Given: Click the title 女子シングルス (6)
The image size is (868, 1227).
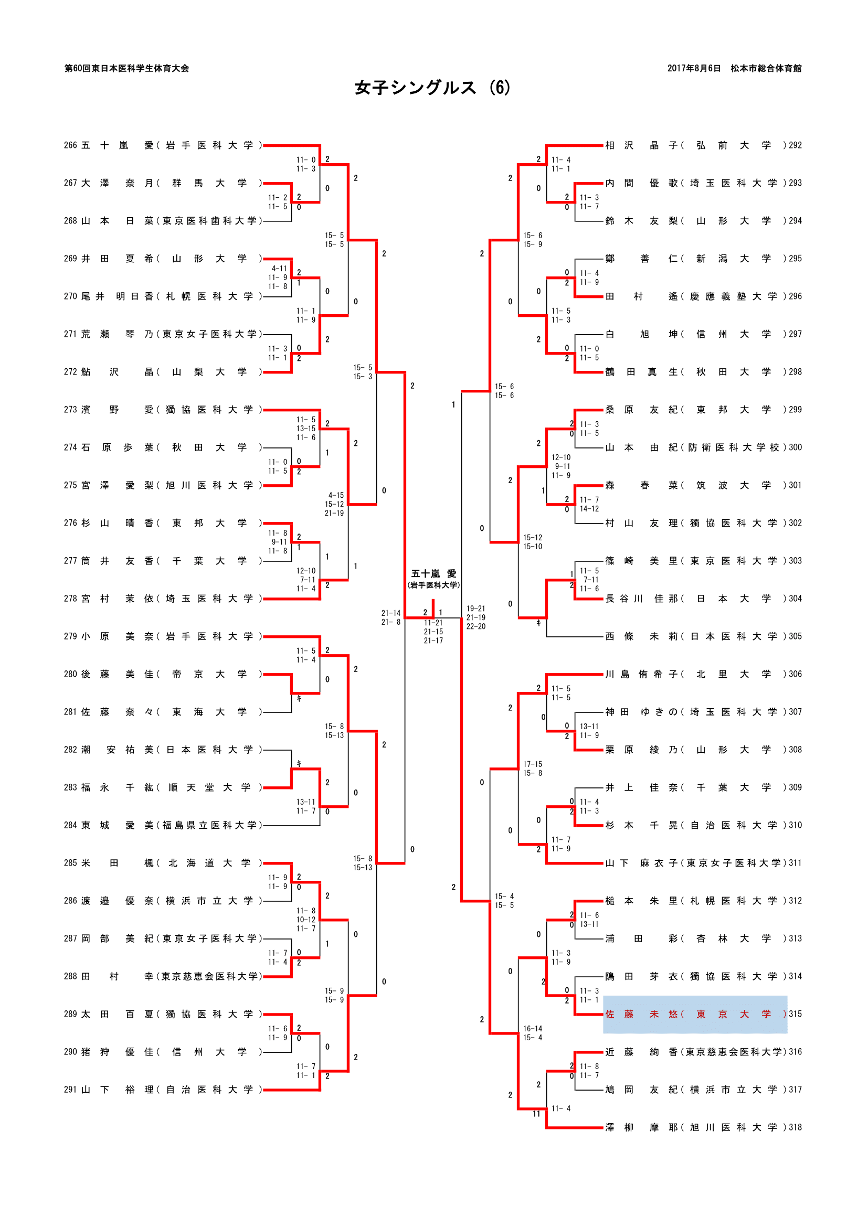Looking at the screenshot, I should click(432, 88).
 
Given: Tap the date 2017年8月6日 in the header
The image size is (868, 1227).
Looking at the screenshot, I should click(693, 68).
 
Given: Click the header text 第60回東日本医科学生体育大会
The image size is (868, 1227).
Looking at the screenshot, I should click(126, 68).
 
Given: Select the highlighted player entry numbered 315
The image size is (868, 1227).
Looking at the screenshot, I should click(695, 1014).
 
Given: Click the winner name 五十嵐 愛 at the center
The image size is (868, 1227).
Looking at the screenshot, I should click(433, 573).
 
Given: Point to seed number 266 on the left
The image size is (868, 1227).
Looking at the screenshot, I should click(70, 145).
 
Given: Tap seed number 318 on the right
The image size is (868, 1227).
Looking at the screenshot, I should click(795, 1127).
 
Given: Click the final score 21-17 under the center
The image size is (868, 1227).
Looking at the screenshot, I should click(433, 641).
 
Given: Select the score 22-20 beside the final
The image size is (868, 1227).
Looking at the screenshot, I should click(475, 626).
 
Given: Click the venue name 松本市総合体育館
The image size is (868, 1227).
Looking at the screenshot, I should click(766, 68).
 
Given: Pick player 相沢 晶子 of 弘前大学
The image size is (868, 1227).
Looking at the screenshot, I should click(695, 145).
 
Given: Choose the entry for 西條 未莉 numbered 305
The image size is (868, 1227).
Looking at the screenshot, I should click(695, 636).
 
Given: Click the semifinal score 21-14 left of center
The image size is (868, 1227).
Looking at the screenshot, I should click(391, 613).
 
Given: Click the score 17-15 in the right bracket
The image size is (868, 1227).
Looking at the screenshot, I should click(532, 764).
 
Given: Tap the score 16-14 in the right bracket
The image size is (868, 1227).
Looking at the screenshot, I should click(532, 1029).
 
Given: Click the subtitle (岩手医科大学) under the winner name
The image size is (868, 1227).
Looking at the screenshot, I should click(433, 585).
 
